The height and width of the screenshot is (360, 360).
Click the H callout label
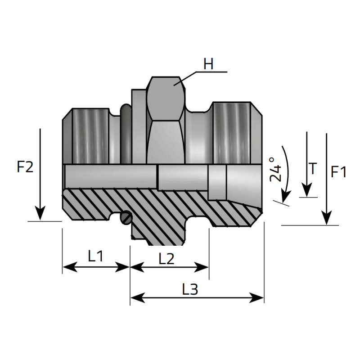[x=208, y=64]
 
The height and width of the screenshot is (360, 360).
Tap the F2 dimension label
[x=25, y=167]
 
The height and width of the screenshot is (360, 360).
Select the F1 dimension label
[x=338, y=172]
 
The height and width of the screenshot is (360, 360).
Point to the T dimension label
[x=313, y=169]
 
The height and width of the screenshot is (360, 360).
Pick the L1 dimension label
[x=95, y=256]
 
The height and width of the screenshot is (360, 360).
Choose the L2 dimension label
[x=166, y=258]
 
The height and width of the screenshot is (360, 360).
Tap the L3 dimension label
[x=190, y=289]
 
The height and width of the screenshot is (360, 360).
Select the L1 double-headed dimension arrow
[x=96, y=267]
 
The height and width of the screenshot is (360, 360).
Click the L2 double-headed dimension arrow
[x=169, y=267]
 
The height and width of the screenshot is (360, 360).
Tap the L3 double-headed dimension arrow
[x=197, y=298]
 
